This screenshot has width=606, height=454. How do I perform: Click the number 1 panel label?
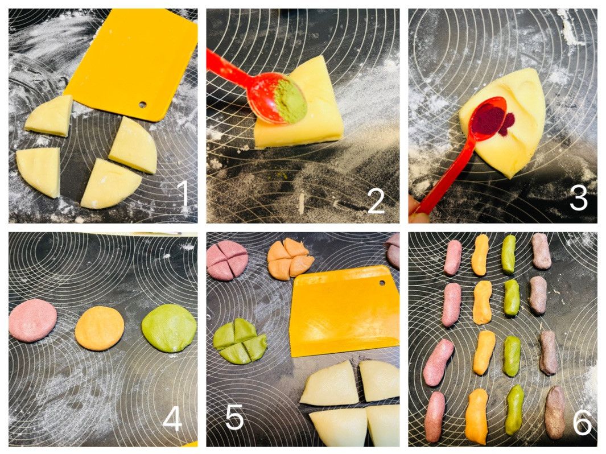pos(183,193)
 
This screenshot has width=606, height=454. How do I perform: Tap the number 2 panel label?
pos(376,200)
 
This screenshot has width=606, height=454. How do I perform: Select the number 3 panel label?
pos(579,198)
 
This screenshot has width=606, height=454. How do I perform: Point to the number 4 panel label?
pos(172,419)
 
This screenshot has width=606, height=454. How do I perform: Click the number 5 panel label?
pos(234,417)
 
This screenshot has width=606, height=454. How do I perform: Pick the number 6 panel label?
pos(582,422)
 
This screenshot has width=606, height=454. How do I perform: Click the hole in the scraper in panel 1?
pos(143,104)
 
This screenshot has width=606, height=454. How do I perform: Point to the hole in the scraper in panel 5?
pos(382,282)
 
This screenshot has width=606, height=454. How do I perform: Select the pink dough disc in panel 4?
pos(33,320)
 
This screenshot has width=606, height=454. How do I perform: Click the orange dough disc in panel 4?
pos(100,328)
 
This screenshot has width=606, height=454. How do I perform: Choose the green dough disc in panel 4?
pos(169,328)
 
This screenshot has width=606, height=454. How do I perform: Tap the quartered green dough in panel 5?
pos(240,341)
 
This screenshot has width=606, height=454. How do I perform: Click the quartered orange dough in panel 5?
pos(290,258)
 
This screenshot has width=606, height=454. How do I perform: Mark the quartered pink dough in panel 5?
pos(227,259)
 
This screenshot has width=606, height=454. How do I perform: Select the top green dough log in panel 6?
pos(509,254)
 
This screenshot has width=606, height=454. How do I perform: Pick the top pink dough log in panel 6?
pos(452,257)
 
